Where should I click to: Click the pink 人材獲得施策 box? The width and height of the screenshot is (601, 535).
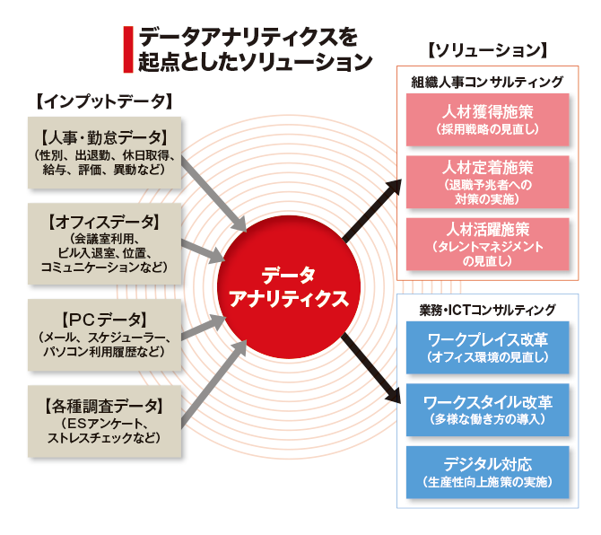click(487, 120)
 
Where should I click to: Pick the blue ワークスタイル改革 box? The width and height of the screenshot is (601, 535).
click(487, 408)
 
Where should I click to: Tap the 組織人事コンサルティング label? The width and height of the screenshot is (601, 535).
click(487, 82)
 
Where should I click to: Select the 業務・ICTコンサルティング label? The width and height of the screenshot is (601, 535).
click(487, 310)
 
